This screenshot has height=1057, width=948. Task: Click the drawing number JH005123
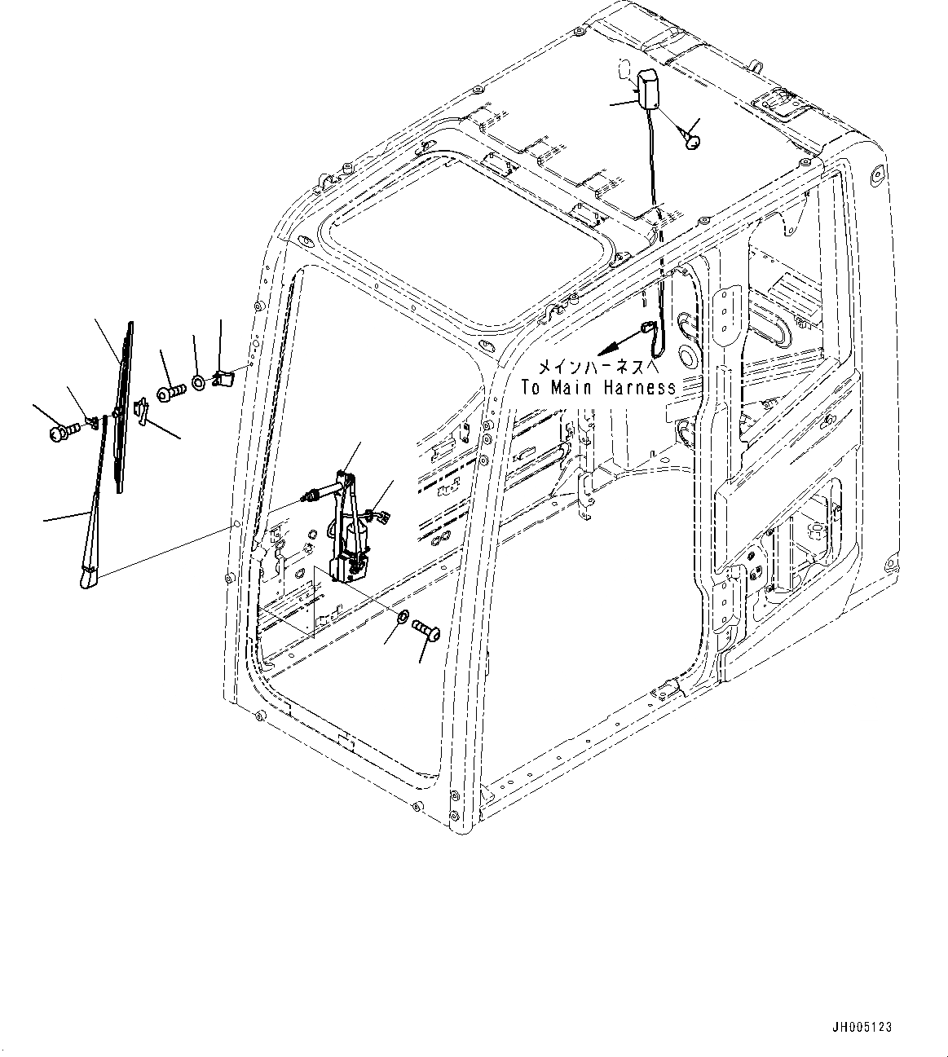point(863,1027)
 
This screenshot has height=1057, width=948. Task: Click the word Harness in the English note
point(640,388)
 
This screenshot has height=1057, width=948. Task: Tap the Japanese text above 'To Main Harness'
point(597,368)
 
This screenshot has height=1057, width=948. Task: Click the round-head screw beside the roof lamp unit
point(694,143)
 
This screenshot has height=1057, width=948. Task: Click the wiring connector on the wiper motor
point(377,514)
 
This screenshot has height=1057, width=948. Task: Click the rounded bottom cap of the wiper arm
point(87,579)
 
